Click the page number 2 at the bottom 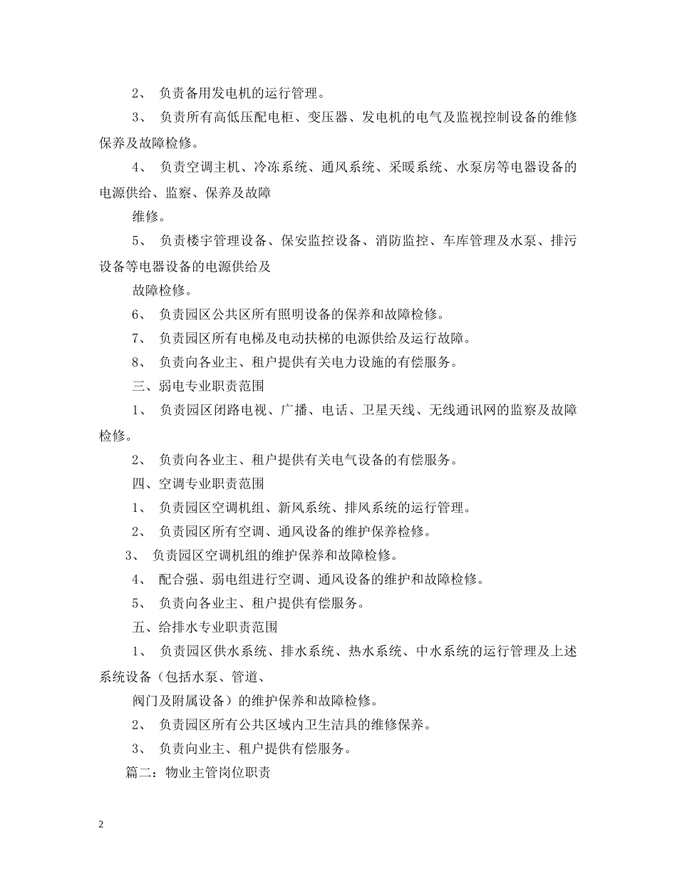click(x=101, y=824)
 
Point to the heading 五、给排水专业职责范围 click(x=205, y=627)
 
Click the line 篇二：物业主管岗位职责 click(x=197, y=773)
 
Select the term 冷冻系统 click(x=278, y=168)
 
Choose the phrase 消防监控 click(x=402, y=241)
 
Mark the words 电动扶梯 click(x=302, y=338)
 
